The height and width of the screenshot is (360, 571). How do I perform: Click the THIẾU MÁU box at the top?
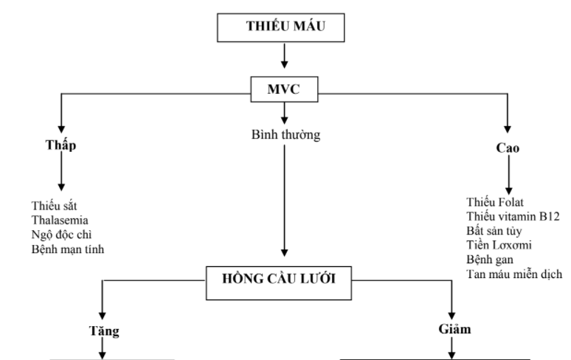[284, 27]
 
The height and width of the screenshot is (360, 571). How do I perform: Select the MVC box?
[284, 91]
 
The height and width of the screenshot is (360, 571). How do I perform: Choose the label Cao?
[507, 148]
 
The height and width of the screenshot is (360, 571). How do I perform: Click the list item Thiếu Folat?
[497, 201]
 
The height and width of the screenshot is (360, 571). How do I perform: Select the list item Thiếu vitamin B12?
[513, 215]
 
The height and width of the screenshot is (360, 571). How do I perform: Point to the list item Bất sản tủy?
[494, 230]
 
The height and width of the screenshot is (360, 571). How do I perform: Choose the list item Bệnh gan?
[490, 260]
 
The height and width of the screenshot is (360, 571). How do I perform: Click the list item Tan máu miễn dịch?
[513, 274]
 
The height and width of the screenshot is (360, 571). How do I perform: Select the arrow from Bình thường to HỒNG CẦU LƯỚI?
[284, 199]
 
